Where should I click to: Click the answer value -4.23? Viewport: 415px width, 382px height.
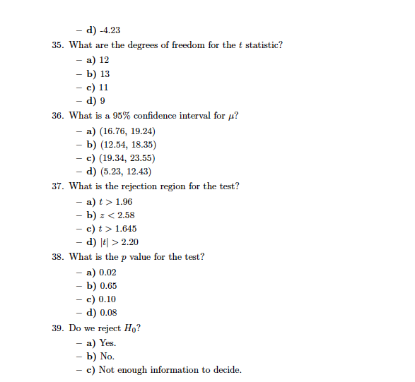click(110, 30)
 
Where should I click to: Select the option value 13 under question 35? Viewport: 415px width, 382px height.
click(104, 73)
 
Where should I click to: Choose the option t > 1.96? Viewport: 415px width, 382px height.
click(115, 201)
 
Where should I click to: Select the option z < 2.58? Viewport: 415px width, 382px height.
click(117, 215)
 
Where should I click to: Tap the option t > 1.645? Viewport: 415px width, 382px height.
click(117, 229)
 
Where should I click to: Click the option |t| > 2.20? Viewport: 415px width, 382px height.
click(118, 243)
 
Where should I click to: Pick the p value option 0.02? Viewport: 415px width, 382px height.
click(108, 272)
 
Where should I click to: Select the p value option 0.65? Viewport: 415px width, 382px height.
click(108, 286)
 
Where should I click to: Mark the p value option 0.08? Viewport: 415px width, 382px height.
click(108, 314)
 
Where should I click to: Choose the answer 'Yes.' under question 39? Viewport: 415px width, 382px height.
click(107, 343)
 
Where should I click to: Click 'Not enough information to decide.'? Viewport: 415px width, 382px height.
click(170, 370)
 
